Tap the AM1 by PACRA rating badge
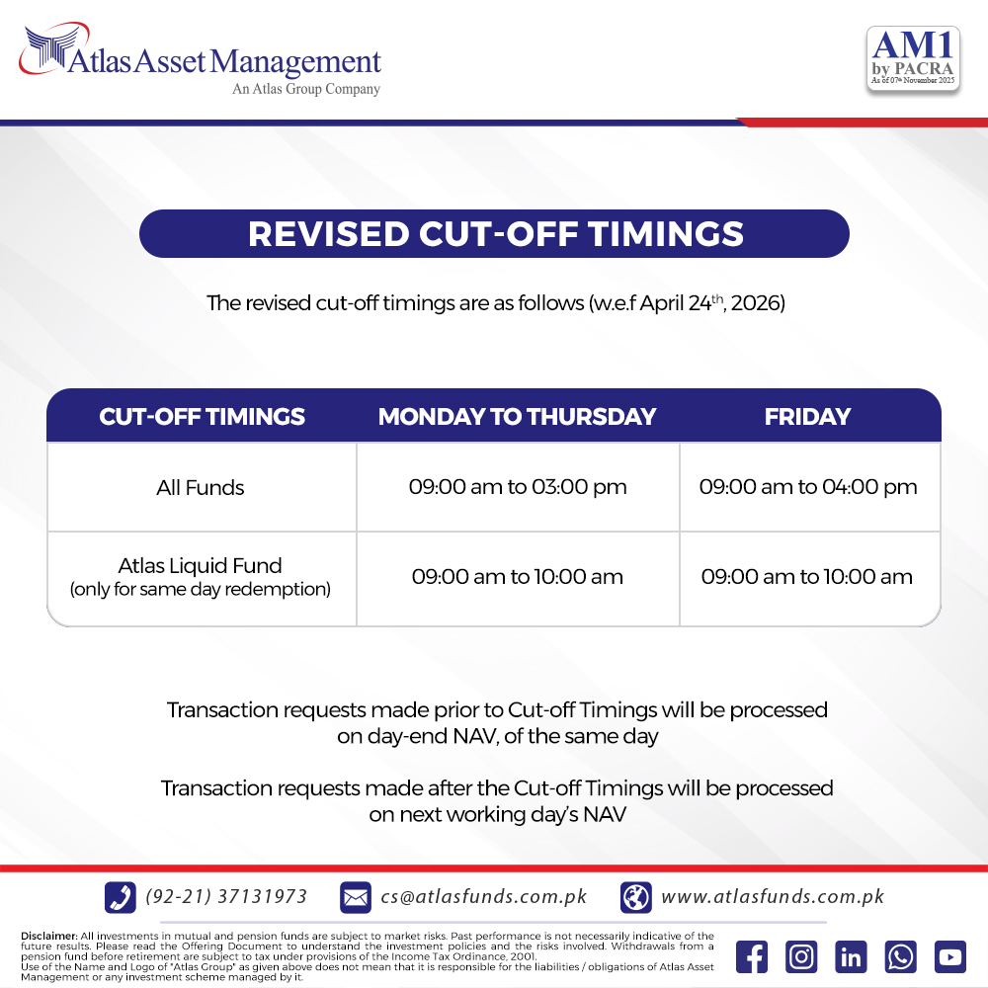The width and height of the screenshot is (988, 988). pos(913,60)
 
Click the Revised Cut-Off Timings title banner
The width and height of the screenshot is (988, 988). pos(494,234)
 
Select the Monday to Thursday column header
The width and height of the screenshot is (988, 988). pos(518,417)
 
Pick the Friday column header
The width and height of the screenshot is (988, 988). pos(807,417)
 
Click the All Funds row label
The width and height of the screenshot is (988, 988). pos(201,488)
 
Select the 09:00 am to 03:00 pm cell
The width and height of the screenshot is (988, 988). pos(518,487)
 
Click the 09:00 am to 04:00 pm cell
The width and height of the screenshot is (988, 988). pos(808,487)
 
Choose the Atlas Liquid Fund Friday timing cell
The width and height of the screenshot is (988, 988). pos(806,577)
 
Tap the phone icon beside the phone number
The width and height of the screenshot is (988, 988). pos(121,897)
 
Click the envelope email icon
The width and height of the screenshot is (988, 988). pos(356,897)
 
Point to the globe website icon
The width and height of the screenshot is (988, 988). pos(635,897)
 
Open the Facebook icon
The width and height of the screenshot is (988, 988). pos(752,956)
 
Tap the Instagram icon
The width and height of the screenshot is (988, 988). pos(801,956)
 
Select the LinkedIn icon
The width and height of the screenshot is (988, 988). pos(851,956)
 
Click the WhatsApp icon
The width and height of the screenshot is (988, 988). pos(900,956)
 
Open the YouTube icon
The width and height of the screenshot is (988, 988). pos(950,956)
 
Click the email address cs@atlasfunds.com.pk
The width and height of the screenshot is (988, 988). pos(483,897)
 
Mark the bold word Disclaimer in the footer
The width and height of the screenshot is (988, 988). pos(49,937)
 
